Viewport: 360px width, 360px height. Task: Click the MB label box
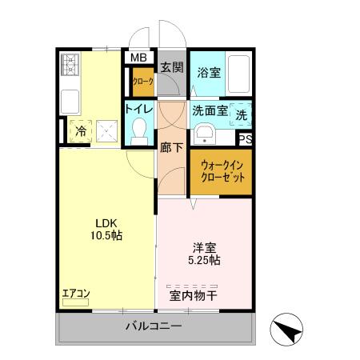139,58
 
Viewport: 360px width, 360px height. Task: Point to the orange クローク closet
142,82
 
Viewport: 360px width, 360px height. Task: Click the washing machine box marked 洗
241,114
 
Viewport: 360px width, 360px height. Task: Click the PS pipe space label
246,139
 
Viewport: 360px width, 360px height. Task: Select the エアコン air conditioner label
76,293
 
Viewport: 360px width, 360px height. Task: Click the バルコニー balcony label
154,326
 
